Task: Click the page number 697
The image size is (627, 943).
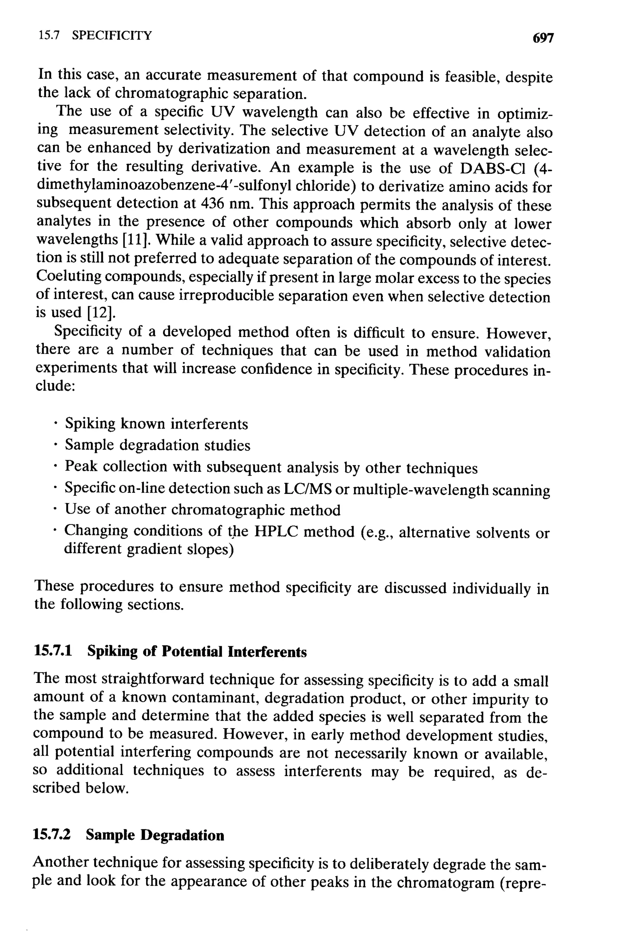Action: pos(543,38)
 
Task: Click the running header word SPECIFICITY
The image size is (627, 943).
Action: pos(112,36)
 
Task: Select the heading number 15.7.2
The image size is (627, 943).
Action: pos(52,835)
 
